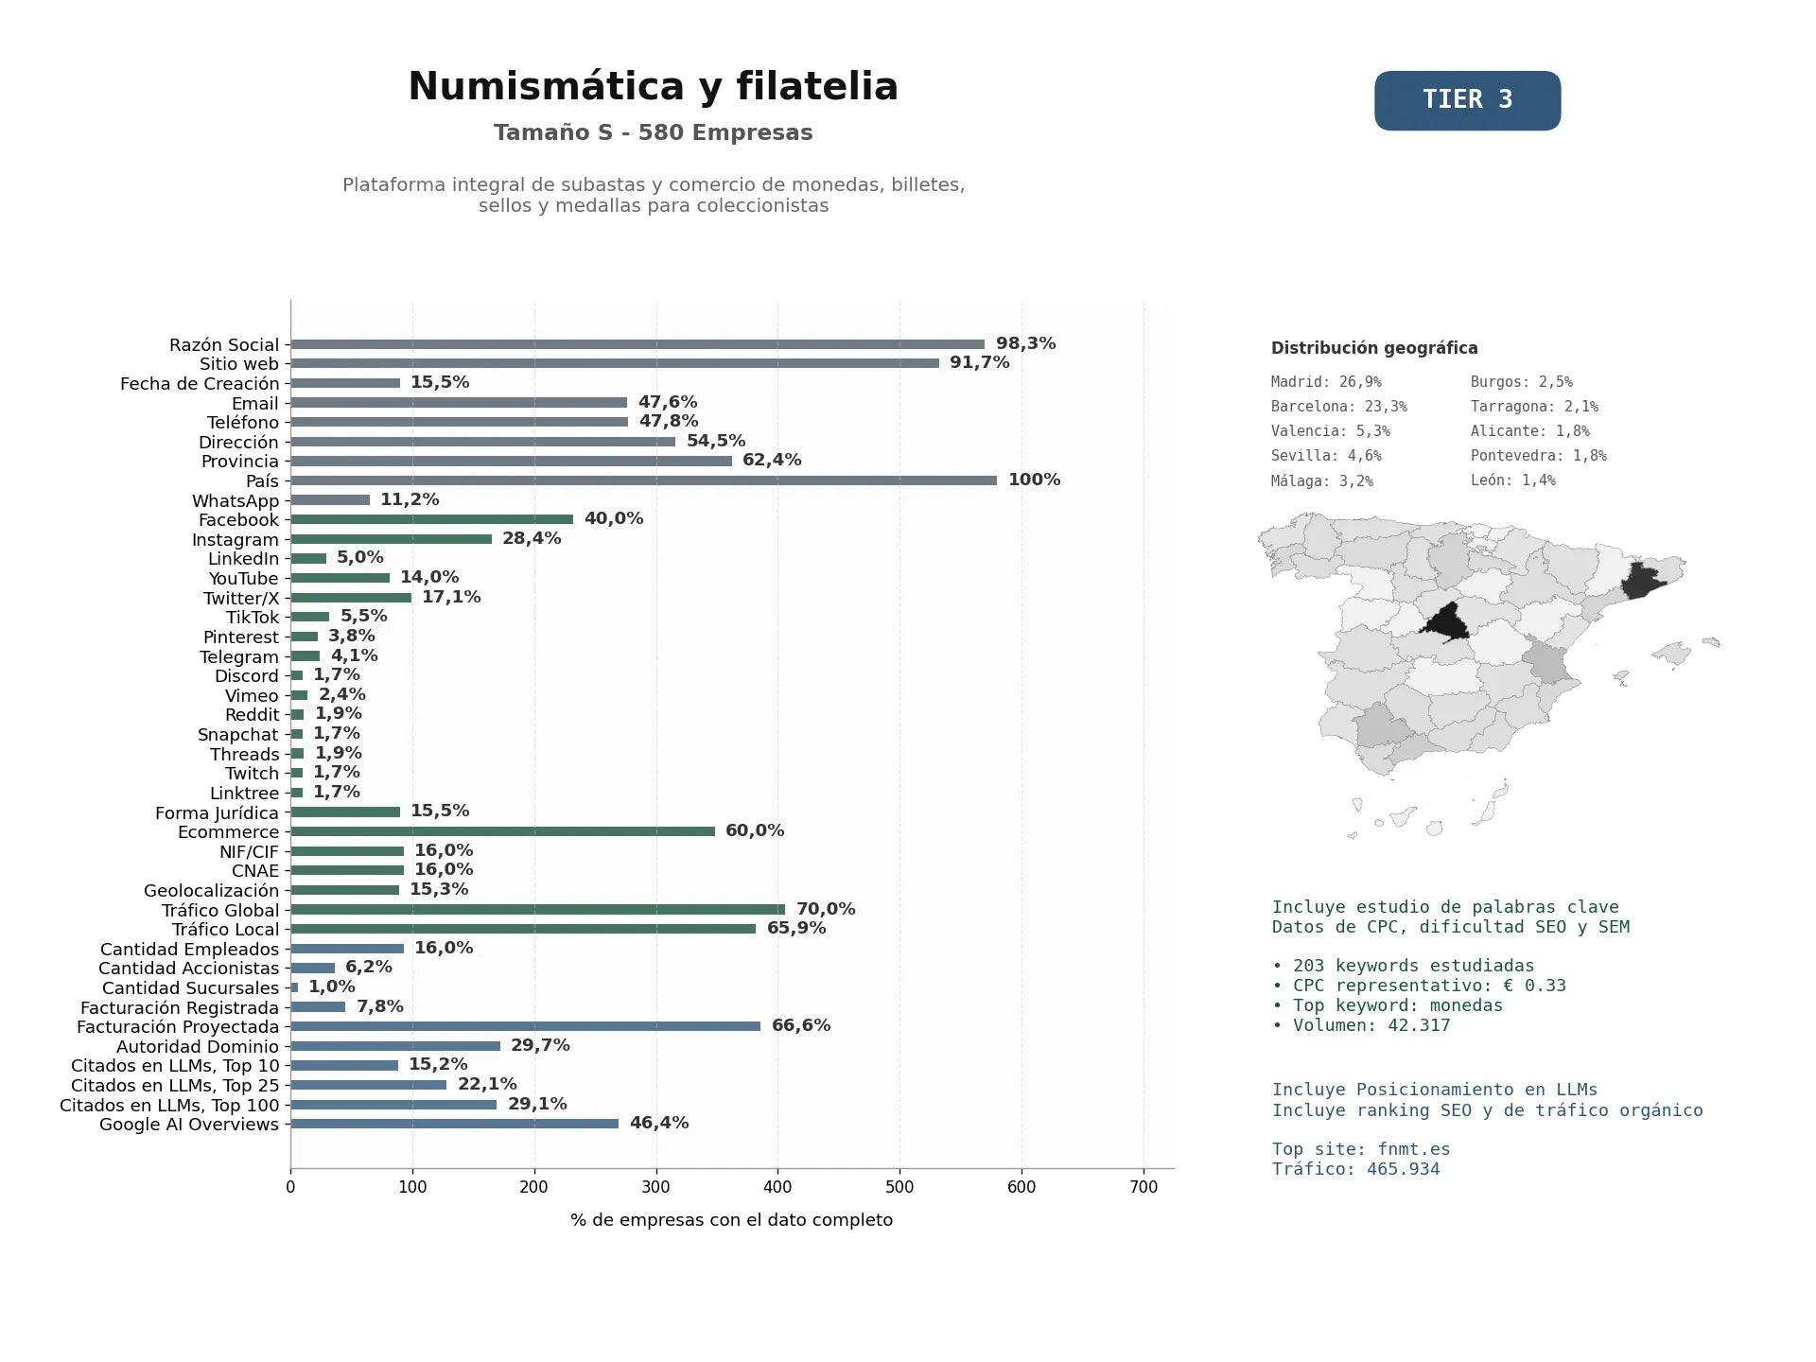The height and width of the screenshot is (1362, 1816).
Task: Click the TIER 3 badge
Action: pos(1467,100)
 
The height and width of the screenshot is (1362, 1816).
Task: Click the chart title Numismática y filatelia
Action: pos(653,86)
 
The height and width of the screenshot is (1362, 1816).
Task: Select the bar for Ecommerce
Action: pos(502,831)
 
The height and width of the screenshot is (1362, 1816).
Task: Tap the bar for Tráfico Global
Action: pos(537,910)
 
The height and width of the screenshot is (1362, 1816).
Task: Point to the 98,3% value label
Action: pos(1025,343)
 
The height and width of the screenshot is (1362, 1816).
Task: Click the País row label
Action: pos(262,481)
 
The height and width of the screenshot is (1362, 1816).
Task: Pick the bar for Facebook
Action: pos(431,519)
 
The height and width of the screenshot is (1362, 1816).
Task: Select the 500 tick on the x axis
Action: pos(899,1187)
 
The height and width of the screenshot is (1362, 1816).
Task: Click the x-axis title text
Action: pos(731,1220)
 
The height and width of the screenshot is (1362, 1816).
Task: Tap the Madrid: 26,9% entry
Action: pos(1326,382)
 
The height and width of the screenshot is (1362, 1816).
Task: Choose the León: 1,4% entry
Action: pos(1512,480)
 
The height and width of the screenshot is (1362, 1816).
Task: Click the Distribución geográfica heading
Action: pos(1374,348)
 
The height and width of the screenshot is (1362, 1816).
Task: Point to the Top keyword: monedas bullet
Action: pos(1388,1005)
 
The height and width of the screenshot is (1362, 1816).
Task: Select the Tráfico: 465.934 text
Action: pos(1356,1169)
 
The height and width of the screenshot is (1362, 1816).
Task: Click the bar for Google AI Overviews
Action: pos(454,1124)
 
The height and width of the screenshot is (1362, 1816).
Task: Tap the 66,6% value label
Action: pos(801,1025)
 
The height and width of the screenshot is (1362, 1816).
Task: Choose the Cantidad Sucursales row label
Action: pos(191,988)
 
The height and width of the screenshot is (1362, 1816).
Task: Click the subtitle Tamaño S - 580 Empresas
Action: pos(653,132)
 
